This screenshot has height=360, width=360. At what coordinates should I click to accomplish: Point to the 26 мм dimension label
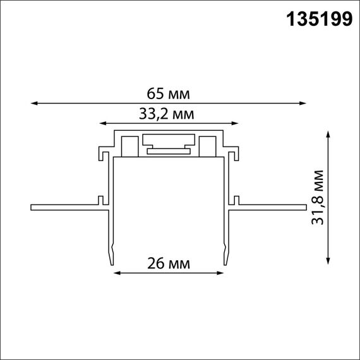pos(169,263)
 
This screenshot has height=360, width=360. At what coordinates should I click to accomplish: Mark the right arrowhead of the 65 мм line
pos(303,102)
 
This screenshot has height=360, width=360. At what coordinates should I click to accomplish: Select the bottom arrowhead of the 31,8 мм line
pos(328,260)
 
